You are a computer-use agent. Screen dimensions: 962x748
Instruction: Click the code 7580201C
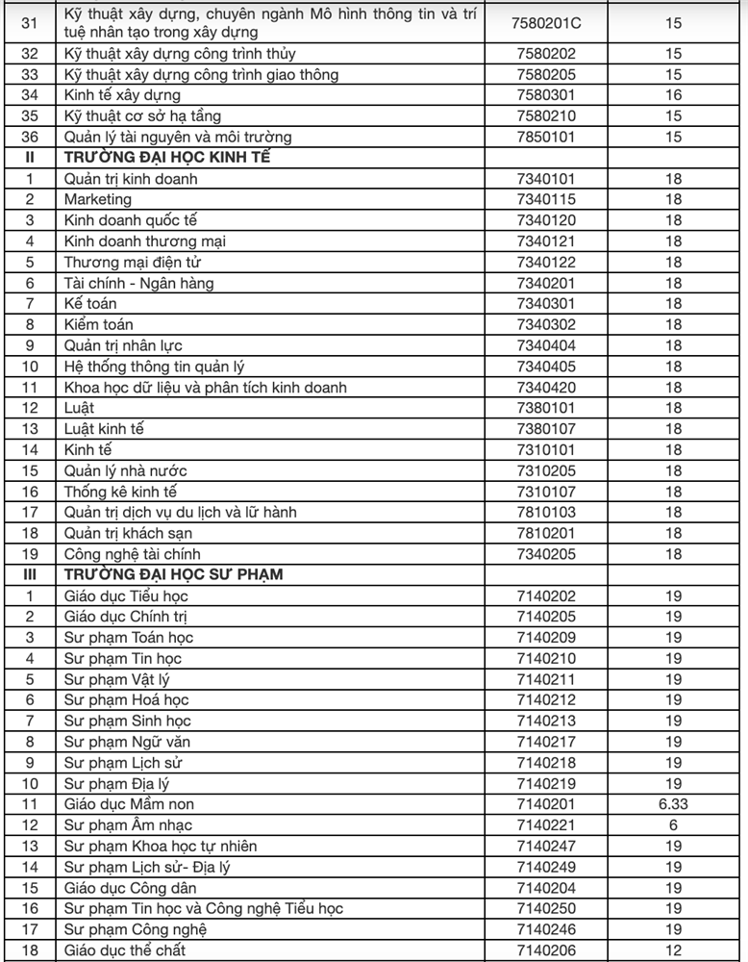coord(548,22)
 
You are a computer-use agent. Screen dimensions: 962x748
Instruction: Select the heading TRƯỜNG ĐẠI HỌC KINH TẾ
coord(166,158)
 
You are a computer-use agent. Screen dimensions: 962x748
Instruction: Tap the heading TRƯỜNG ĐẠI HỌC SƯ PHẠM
coord(173,574)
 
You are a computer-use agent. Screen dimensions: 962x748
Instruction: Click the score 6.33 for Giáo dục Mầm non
coord(673,804)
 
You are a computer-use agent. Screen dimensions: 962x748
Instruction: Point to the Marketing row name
coord(97,199)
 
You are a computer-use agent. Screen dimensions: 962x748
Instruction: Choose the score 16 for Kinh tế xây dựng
coord(673,95)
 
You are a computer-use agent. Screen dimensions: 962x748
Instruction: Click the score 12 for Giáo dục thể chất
coord(673,950)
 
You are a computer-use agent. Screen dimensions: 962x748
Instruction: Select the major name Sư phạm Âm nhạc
coord(128,825)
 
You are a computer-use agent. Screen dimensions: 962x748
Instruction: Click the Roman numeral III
coord(30,574)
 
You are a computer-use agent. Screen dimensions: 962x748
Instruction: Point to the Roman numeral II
coord(30,158)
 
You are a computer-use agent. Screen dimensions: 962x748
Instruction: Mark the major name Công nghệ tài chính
coord(132,554)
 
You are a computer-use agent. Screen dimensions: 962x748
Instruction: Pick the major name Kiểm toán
coord(96,324)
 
